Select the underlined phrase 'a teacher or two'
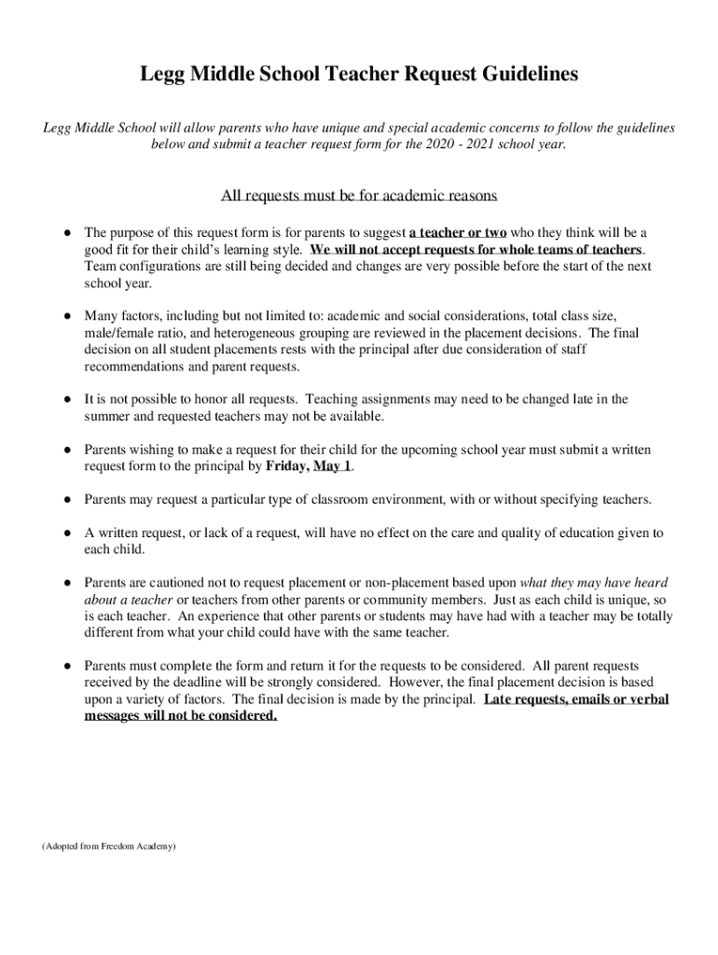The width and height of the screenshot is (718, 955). pos(457,232)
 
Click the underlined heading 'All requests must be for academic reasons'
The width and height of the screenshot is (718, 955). pos(359,196)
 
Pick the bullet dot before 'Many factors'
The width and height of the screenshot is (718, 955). pos(68,315)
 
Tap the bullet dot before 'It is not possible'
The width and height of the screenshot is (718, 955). pos(68,399)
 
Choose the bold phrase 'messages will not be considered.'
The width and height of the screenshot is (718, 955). pos(181,715)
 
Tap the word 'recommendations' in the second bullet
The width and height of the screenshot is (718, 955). pos(133,366)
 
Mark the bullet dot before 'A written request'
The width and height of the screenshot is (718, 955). pos(68,533)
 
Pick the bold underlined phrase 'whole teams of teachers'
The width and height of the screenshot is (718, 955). pos(564,249)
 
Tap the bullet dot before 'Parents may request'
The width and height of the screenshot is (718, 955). pos(68,500)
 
